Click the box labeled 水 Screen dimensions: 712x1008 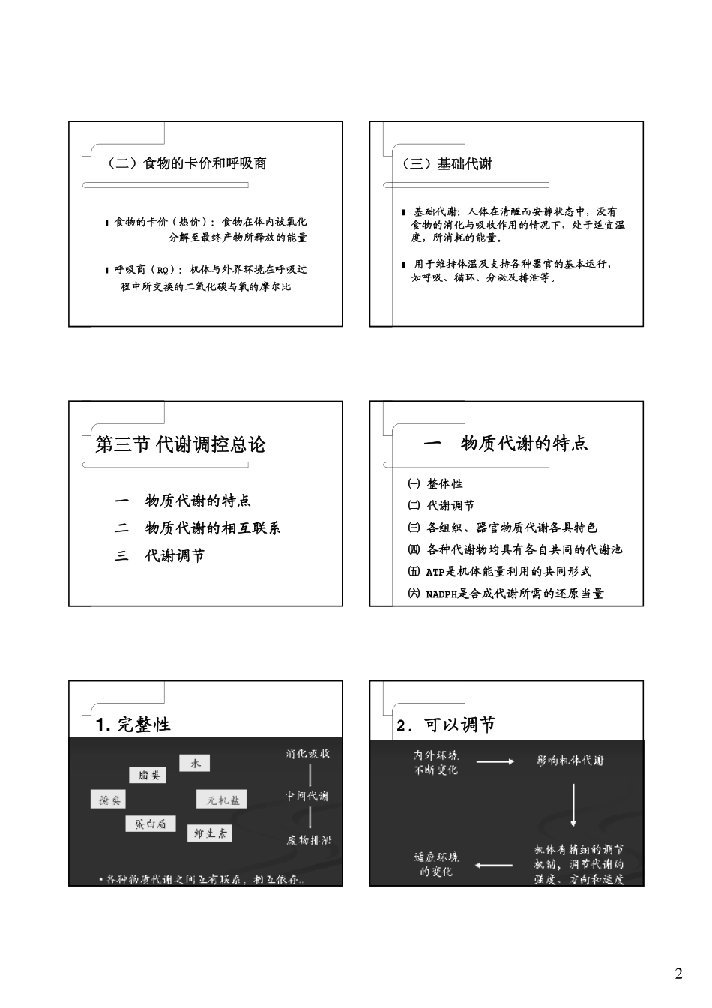coord(194,764)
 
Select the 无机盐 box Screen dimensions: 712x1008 coord(222,800)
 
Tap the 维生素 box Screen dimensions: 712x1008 coord(210,833)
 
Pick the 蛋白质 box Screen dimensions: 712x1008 coord(150,824)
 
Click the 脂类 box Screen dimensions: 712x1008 coord(148,775)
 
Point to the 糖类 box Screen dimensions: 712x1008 coord(107,800)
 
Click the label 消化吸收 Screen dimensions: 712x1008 coord(307,754)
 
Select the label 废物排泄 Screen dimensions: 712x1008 coord(308,839)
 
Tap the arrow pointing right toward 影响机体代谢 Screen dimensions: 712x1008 coord(495,761)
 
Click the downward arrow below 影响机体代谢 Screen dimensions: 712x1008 coord(574,805)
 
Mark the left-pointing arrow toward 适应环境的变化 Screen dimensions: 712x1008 coord(493,866)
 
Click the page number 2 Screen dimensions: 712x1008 coord(679,974)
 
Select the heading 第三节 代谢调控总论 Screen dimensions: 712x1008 coord(181,444)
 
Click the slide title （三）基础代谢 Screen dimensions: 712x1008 coord(448,163)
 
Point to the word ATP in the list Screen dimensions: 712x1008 coord(435,572)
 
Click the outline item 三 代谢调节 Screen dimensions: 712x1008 coord(159,555)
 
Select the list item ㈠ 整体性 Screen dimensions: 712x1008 coord(435,484)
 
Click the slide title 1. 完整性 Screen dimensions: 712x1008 coord(133,725)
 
